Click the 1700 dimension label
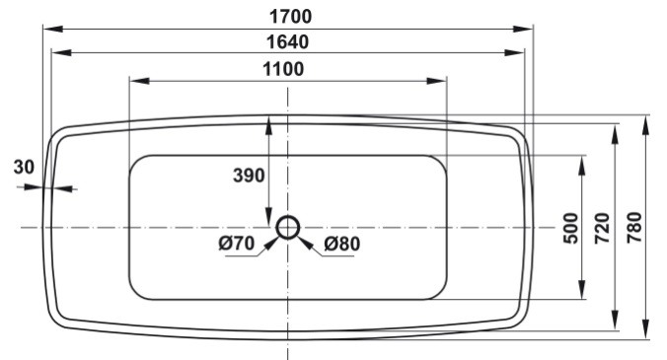[290, 17]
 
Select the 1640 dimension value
[287, 42]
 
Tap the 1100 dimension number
[283, 69]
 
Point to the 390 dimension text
[249, 176]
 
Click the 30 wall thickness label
[24, 167]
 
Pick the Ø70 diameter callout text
[237, 243]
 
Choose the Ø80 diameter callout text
[342, 244]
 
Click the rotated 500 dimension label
[571, 228]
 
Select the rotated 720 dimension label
[602, 228]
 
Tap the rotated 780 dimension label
[634, 228]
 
